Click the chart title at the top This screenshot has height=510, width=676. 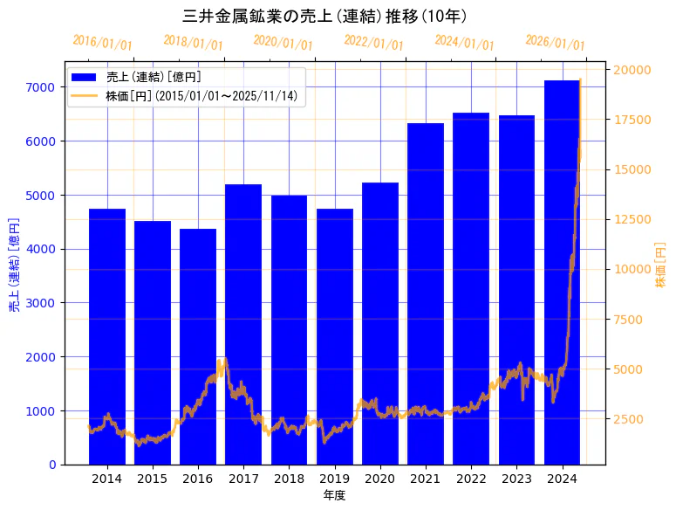tap(325, 17)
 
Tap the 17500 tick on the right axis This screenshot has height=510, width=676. tap(631, 121)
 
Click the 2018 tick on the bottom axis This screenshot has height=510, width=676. tap(289, 479)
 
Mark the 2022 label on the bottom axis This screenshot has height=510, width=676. tap(471, 479)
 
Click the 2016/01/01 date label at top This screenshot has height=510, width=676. tap(102, 43)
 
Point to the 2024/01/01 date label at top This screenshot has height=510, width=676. tap(464, 43)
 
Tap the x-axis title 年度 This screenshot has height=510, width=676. tap(334, 495)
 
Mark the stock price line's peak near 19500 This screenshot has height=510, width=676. tap(580, 79)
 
